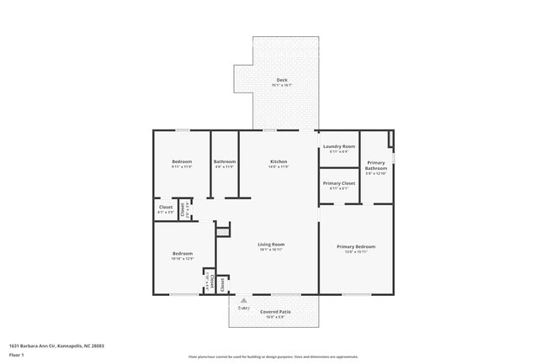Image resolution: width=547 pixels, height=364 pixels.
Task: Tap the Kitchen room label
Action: point(279,161)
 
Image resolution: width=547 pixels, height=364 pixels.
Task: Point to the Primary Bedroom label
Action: point(356,246)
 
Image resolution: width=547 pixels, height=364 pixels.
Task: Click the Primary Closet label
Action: point(339,182)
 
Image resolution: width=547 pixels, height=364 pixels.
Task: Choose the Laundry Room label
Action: point(339,146)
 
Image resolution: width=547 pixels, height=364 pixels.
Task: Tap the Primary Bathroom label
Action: point(376,165)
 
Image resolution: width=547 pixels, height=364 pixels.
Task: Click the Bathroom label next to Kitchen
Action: point(225,161)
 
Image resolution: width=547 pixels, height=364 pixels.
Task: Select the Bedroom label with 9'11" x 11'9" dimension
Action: point(182,161)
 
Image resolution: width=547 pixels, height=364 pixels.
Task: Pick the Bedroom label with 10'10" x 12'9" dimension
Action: point(183,253)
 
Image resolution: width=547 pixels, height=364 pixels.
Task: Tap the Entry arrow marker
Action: point(244,299)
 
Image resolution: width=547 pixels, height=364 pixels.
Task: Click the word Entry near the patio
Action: point(244,308)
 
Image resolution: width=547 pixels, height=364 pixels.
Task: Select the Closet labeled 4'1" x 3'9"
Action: point(166,207)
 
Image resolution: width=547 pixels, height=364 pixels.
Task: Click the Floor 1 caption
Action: point(16,355)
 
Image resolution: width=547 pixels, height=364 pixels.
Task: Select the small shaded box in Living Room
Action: point(223,230)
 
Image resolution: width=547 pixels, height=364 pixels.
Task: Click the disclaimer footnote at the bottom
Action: point(273,356)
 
